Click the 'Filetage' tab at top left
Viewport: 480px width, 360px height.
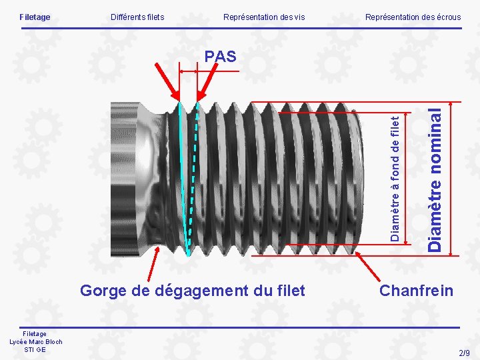[35, 17]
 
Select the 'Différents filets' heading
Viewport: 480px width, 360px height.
[137, 17]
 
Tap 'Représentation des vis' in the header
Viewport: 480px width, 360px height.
[264, 17]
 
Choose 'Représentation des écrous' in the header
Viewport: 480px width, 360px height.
[413, 17]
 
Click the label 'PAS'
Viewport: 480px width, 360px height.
[221, 57]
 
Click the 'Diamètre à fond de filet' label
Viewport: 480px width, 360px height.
[395, 179]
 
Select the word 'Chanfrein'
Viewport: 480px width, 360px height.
[416, 291]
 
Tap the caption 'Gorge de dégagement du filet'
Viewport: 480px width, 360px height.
[193, 291]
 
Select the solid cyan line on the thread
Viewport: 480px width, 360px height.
[183, 180]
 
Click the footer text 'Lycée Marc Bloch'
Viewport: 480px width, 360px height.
[35, 342]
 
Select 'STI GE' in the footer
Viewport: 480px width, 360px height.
[35, 349]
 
